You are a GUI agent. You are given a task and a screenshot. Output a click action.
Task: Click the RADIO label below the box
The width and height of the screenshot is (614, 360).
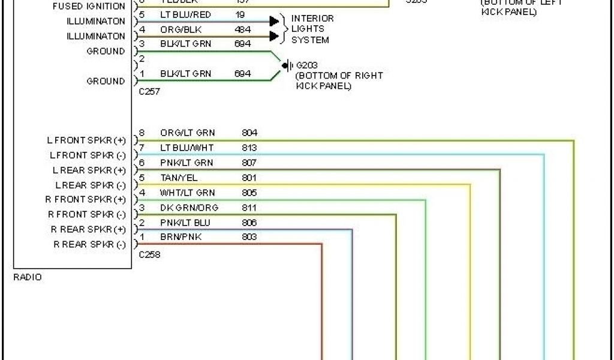28,277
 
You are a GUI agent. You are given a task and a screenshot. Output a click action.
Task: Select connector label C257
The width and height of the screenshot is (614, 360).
149,92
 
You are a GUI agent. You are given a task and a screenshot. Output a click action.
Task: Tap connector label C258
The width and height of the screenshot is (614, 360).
149,254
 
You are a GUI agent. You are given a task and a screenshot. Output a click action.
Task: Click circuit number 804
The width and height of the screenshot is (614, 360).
249,133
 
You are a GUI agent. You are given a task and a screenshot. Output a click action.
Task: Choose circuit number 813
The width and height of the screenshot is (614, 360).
249,148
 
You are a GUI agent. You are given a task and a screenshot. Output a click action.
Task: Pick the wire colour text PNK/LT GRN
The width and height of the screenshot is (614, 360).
186,163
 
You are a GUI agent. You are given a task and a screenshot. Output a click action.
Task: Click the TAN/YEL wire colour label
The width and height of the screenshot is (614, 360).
179,178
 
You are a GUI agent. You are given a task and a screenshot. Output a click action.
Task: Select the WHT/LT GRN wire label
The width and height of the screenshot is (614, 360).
187,193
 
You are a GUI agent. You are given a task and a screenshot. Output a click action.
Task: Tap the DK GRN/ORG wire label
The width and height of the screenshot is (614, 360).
189,208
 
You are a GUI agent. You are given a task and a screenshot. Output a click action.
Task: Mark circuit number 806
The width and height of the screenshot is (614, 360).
249,223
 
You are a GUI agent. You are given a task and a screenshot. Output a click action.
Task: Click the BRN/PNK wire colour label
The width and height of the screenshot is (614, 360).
181,237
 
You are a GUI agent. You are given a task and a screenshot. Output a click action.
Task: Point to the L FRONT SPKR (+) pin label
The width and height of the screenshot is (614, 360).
86,140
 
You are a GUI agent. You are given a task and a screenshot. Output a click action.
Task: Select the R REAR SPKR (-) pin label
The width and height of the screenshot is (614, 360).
90,244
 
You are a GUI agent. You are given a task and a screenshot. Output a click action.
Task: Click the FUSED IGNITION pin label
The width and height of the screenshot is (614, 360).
89,7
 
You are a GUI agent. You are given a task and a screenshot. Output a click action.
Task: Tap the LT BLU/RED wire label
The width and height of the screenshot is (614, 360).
186,14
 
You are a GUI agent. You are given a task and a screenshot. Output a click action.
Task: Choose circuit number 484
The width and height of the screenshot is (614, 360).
243,29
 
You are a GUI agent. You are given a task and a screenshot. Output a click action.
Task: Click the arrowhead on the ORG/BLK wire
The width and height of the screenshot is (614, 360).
274,36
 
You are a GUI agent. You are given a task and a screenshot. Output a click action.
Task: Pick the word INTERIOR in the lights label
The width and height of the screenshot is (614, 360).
312,18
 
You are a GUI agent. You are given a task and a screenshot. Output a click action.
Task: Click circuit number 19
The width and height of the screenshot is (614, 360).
240,14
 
